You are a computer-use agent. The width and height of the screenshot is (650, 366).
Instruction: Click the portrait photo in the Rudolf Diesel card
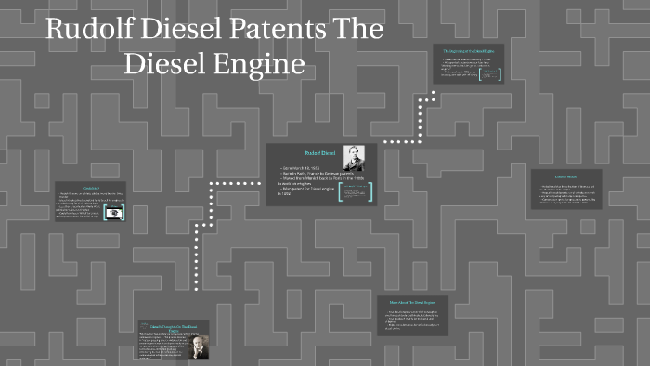click(353, 157)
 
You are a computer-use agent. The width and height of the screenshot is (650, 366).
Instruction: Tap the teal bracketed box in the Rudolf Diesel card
click(356, 191)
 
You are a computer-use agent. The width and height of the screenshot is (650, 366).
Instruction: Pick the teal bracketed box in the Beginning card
click(490, 72)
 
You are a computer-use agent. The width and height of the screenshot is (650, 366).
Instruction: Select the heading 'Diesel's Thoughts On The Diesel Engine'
click(175, 328)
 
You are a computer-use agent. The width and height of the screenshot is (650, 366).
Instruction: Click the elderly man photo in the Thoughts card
click(200, 346)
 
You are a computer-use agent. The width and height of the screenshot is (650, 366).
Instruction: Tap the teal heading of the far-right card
click(566, 176)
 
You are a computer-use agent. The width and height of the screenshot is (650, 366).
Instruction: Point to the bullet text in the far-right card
click(566, 195)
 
